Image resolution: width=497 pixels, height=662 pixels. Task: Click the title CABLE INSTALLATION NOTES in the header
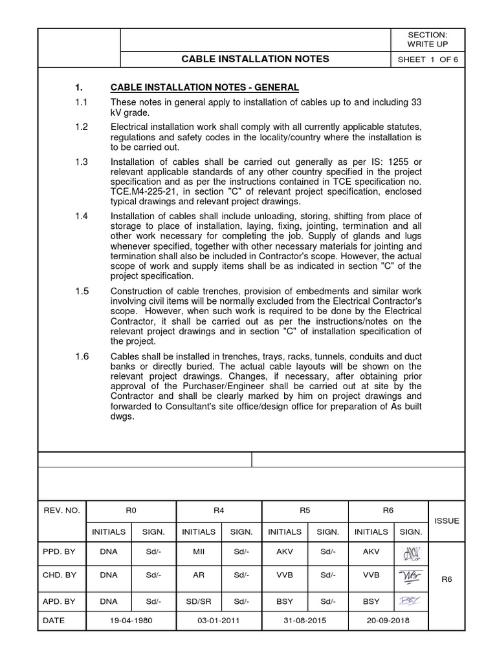[x=255, y=59]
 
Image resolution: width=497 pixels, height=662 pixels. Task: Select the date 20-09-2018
[x=388, y=619]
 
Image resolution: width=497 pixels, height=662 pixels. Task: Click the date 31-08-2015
[x=305, y=619]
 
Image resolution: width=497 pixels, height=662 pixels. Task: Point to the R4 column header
[x=219, y=510]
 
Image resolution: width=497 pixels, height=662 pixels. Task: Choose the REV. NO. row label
[x=61, y=510]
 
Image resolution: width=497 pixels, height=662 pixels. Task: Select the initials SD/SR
[x=198, y=601]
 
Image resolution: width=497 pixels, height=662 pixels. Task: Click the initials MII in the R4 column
[x=198, y=554]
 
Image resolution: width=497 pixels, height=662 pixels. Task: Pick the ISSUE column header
[x=447, y=520]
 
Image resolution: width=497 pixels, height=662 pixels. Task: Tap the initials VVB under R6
[x=371, y=575]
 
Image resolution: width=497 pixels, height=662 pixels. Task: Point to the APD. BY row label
[x=60, y=601]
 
